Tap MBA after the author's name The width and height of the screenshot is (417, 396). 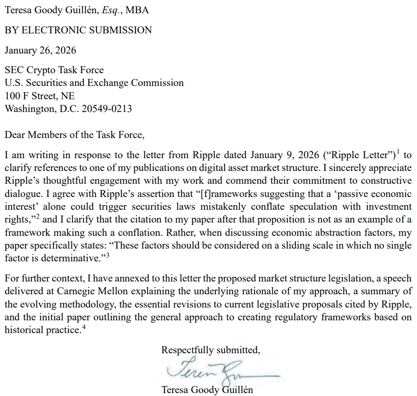pos(139,10)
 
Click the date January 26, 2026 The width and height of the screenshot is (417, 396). pos(40,50)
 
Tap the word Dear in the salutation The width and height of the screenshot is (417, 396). pos(15,134)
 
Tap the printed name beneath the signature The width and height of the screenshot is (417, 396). pos(207,390)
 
